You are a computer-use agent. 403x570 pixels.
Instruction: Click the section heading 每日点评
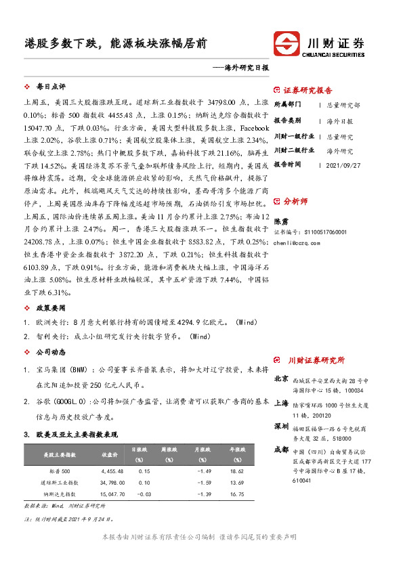[x=50, y=87]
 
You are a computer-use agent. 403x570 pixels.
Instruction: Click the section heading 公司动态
[x=50, y=352]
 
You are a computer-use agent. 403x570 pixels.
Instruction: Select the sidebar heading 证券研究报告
[x=307, y=90]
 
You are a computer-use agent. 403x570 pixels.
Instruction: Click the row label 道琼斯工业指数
[x=60, y=482]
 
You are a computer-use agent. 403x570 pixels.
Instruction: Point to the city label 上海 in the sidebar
[x=281, y=403]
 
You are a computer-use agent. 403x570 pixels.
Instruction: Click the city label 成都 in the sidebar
[x=281, y=450]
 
